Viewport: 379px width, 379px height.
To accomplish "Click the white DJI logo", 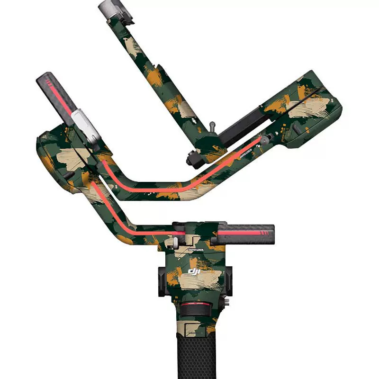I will click(x=195, y=271).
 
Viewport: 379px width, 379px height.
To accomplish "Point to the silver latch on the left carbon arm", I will click(x=85, y=124).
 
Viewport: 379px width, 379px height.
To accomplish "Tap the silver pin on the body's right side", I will click(x=228, y=301).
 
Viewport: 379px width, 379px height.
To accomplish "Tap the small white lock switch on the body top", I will click(x=175, y=242).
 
